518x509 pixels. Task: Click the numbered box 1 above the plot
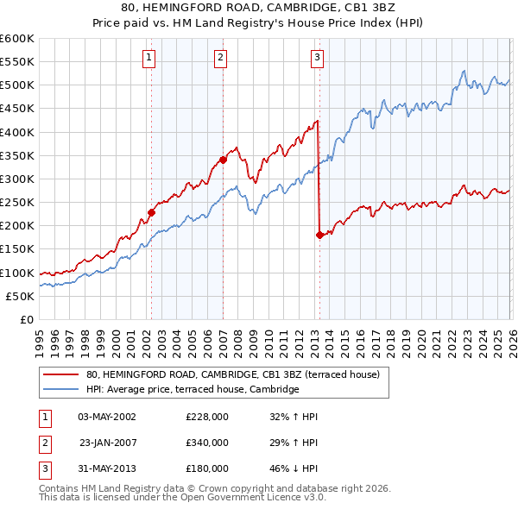(x=149, y=58)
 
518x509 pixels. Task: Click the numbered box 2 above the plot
(x=221, y=58)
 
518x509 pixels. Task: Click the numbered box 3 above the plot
(x=318, y=58)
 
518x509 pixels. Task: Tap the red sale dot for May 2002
(x=151, y=212)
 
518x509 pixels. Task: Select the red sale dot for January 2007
(x=223, y=160)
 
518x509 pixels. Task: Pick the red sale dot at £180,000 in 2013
(x=319, y=235)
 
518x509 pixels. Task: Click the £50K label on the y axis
(x=20, y=296)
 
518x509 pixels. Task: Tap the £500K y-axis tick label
(x=17, y=85)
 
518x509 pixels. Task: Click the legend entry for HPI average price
(x=192, y=390)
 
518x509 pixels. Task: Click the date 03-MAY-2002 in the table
(x=107, y=417)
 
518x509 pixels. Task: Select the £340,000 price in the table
(x=207, y=443)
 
